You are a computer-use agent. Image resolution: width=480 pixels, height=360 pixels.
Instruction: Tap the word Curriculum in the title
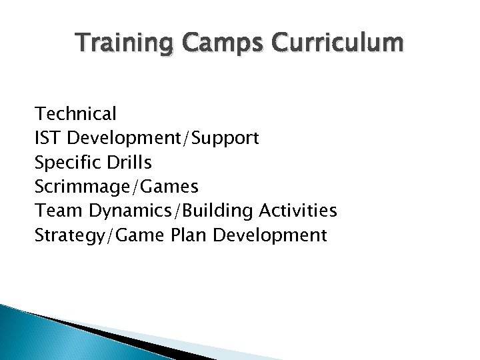[x=339, y=45]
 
